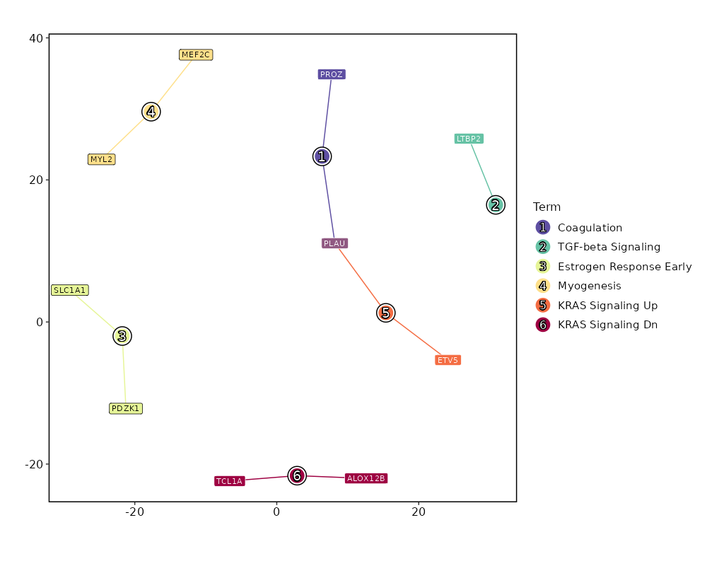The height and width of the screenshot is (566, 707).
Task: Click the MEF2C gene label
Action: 196,54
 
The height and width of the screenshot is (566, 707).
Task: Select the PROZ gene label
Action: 332,74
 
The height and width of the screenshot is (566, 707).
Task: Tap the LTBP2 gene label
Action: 469,139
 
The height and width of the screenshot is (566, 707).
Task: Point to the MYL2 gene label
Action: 101,159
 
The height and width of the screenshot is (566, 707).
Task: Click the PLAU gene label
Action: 334,243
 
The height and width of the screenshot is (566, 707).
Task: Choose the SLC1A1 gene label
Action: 70,290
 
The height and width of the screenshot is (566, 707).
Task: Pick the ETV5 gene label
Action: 448,360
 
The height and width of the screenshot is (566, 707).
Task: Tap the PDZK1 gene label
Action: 126,408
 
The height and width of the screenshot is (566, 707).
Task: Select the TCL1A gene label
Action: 229,481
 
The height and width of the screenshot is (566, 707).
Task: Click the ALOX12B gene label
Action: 366,478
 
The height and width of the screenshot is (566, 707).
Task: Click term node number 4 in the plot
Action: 151,112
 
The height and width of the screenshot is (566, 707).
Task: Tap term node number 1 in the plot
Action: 322,156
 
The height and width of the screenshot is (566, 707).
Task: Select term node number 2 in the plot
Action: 496,205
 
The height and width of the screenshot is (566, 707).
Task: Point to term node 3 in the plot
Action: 122,336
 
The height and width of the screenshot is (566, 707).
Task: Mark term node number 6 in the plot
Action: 297,475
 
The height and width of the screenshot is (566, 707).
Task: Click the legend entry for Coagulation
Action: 590,228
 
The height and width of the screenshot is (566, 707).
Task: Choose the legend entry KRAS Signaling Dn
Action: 607,325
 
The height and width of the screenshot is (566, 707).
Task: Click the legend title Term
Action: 547,207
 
